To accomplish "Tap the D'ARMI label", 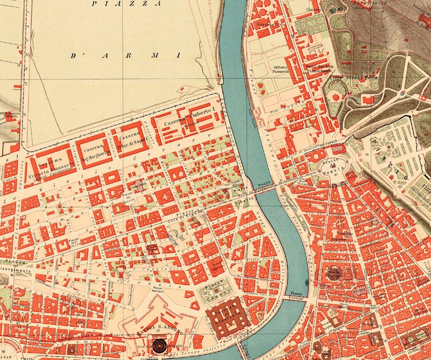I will tap(125, 55).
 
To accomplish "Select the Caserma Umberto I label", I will tap(188, 112).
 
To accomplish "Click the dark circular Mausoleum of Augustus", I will tap(335, 274).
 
